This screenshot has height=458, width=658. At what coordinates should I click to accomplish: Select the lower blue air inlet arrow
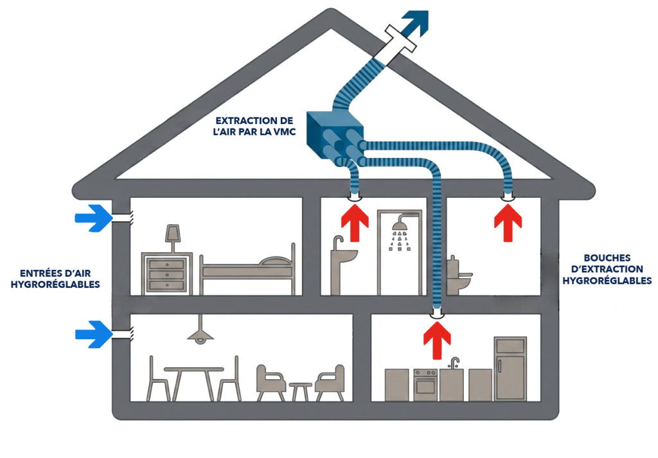(94, 334)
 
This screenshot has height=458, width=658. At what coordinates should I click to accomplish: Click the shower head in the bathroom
(400, 224)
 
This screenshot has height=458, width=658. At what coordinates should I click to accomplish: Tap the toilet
(458, 276)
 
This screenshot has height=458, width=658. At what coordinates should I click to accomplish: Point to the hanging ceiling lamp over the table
(200, 330)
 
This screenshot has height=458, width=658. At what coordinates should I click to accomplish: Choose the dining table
(194, 382)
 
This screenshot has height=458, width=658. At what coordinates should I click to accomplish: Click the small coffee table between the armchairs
(300, 391)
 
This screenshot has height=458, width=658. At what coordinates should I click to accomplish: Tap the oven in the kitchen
(426, 385)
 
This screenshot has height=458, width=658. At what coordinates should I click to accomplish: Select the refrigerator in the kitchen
(510, 369)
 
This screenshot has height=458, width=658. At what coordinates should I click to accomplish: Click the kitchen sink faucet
(454, 363)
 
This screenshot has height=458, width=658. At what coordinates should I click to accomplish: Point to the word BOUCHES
(607, 258)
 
